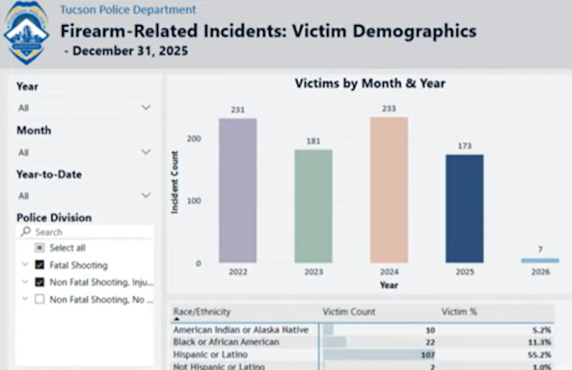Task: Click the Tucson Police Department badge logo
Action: (x=26, y=32)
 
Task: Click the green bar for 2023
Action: (x=313, y=206)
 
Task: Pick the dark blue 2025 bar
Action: (x=464, y=208)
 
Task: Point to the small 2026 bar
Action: (x=540, y=261)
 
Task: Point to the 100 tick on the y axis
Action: (x=194, y=201)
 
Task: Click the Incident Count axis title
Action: (x=175, y=182)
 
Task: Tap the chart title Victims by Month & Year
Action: (x=369, y=83)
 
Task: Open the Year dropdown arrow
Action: (x=146, y=108)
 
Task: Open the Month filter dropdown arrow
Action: (x=146, y=152)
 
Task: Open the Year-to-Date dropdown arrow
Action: (x=146, y=196)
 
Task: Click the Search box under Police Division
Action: (x=86, y=232)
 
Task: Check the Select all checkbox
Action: (x=40, y=248)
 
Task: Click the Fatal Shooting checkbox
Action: (x=40, y=265)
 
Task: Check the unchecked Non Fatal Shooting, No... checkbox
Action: (x=40, y=300)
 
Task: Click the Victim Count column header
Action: (x=349, y=312)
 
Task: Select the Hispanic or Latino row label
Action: (x=210, y=355)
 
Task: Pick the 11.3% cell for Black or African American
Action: (x=539, y=342)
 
